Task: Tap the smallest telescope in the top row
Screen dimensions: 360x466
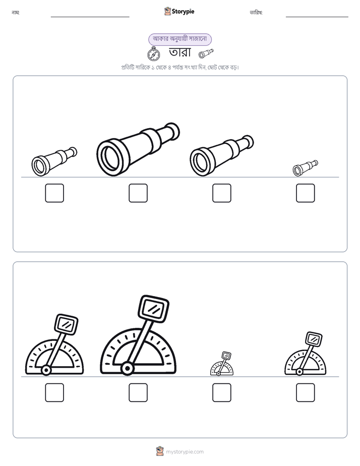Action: coord(305,168)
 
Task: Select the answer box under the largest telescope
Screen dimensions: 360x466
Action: coord(138,193)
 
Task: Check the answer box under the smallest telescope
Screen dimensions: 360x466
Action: coord(306,193)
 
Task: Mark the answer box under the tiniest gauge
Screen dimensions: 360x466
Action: coord(222,392)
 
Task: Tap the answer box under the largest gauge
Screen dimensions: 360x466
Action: coord(138,392)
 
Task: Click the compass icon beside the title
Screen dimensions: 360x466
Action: coord(154,54)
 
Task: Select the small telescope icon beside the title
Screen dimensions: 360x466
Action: coord(206,53)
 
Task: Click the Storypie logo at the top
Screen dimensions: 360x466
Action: coord(179,11)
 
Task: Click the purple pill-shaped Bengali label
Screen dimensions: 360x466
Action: coord(180,39)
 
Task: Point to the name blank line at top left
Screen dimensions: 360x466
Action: coord(90,17)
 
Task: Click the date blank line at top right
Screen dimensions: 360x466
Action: coord(317,17)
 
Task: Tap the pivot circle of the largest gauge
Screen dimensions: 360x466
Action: coord(128,369)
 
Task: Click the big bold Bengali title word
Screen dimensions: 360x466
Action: coord(179,52)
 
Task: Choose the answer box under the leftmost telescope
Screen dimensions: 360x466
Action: coord(54,193)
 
